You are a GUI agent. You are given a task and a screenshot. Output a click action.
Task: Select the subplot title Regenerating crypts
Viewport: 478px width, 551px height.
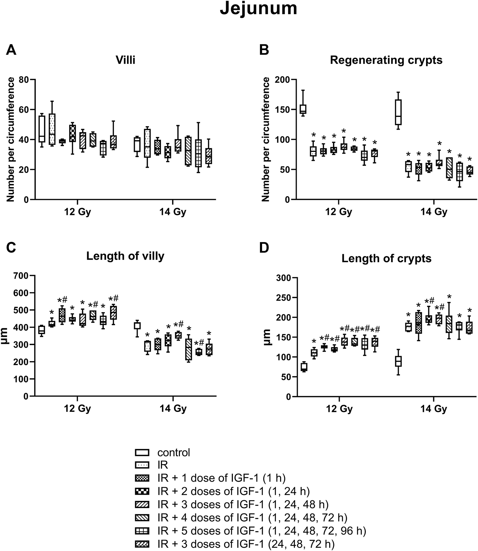click(x=386, y=60)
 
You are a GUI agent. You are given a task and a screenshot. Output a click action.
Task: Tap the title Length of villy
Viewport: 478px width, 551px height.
click(x=125, y=256)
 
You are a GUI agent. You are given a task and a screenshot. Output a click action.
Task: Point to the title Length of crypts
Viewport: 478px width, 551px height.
click(x=386, y=259)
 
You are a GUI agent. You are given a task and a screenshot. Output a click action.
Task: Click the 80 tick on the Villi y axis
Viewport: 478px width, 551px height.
click(x=24, y=80)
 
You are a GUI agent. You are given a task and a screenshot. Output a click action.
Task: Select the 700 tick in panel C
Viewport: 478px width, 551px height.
click(x=21, y=275)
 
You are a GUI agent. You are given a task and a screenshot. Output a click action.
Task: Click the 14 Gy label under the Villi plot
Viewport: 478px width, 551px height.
click(x=173, y=212)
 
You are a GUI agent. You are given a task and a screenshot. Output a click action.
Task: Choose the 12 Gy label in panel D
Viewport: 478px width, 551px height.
click(x=339, y=409)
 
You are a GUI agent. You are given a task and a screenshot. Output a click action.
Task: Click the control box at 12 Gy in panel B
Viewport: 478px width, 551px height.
click(x=303, y=109)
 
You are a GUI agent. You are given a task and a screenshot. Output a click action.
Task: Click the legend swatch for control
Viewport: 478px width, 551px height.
click(x=142, y=452)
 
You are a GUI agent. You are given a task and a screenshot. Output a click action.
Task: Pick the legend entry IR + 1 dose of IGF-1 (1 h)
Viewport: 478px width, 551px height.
click(x=221, y=478)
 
